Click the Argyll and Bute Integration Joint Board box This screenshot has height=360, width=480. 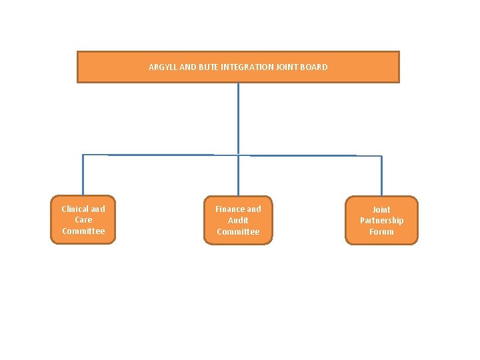coord(238,67)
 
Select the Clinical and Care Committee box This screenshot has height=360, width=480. coord(83,219)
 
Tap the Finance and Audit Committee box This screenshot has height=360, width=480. coord(238,220)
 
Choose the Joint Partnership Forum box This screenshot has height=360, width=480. coord(381,220)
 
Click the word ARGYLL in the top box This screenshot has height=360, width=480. coord(161,67)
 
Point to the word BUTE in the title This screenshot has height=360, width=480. coord(208,67)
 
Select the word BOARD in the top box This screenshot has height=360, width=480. coord(315,67)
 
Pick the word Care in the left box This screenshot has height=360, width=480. coord(83,219)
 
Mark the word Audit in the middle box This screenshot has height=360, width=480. coord(238,220)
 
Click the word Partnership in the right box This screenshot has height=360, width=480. coord(381,220)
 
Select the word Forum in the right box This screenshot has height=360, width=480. coord(381,231)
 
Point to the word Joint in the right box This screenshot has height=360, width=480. coord(381,209)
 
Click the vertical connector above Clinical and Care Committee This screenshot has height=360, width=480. coord(83,175)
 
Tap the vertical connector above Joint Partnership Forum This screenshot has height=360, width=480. coord(381,176)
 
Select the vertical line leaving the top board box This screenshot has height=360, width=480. coord(238,117)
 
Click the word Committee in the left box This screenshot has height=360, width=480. coord(83,231)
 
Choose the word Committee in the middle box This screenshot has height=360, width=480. coord(238,231)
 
